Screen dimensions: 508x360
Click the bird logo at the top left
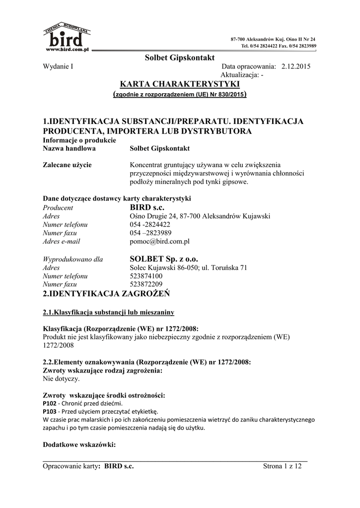pyautogui.click(x=67, y=37)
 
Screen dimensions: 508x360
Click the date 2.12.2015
pyautogui.click(x=296, y=66)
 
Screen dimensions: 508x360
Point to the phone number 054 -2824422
pyautogui.click(x=150, y=224)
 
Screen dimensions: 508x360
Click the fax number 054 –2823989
pyautogui.click(x=150, y=233)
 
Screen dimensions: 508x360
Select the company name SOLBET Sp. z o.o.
pyautogui.click(x=163, y=258)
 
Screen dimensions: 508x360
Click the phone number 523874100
pyautogui.click(x=145, y=276)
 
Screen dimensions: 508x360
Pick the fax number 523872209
pyautogui.click(x=145, y=284)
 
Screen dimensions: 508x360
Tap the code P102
pyautogui.click(x=50, y=403)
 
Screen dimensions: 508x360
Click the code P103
pyautogui.click(x=50, y=411)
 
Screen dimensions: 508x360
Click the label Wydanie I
pyautogui.click(x=58, y=66)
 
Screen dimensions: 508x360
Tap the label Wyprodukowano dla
pyautogui.click(x=73, y=259)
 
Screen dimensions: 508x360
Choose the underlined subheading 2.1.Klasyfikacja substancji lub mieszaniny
pyautogui.click(x=108, y=313)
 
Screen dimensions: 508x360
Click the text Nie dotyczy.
pyautogui.click(x=61, y=379)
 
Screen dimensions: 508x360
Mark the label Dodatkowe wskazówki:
pyautogui.click(x=79, y=444)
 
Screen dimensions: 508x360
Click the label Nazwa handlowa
pyautogui.click(x=69, y=148)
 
